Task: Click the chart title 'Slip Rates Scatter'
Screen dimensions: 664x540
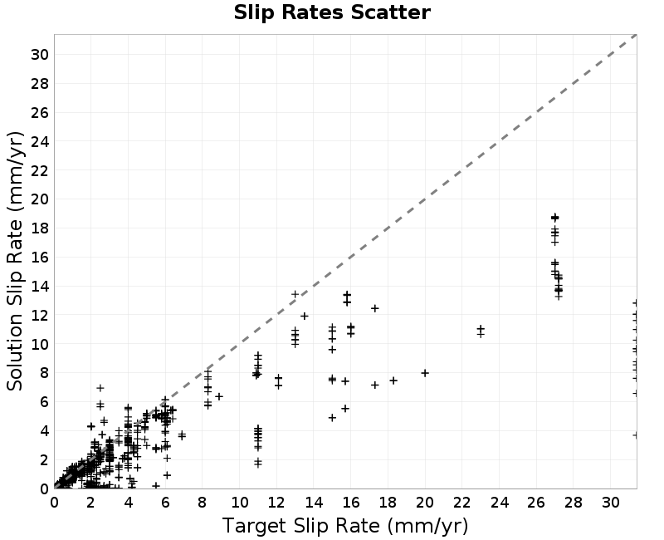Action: coord(332,12)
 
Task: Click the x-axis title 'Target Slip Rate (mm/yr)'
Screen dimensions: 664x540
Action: coord(345,527)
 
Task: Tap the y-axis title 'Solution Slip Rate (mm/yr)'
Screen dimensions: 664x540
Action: coord(15,261)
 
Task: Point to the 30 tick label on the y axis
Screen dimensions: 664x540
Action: coord(40,55)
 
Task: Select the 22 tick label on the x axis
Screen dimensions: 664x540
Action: coord(462,503)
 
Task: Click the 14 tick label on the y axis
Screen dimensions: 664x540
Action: coord(40,287)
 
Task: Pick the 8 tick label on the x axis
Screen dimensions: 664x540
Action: coord(203,503)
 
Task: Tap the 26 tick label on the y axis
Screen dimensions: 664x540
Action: coord(40,113)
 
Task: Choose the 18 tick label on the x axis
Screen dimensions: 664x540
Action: coord(388,503)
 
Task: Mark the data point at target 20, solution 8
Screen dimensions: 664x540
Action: coord(425,373)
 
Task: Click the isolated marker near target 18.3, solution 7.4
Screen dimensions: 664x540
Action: coord(393,380)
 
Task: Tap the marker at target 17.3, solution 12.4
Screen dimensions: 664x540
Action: coord(375,308)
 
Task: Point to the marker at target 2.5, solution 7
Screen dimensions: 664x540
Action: coord(100,388)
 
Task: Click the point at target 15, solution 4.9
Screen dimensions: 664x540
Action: coord(333,418)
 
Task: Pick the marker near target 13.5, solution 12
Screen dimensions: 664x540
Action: coord(305,316)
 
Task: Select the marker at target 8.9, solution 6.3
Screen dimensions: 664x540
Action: coord(219,397)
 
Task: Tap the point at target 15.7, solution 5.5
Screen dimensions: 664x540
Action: coord(345,408)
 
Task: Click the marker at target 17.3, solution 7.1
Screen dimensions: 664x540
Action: coord(375,385)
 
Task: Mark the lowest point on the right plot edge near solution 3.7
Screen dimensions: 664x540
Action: coord(635,435)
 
